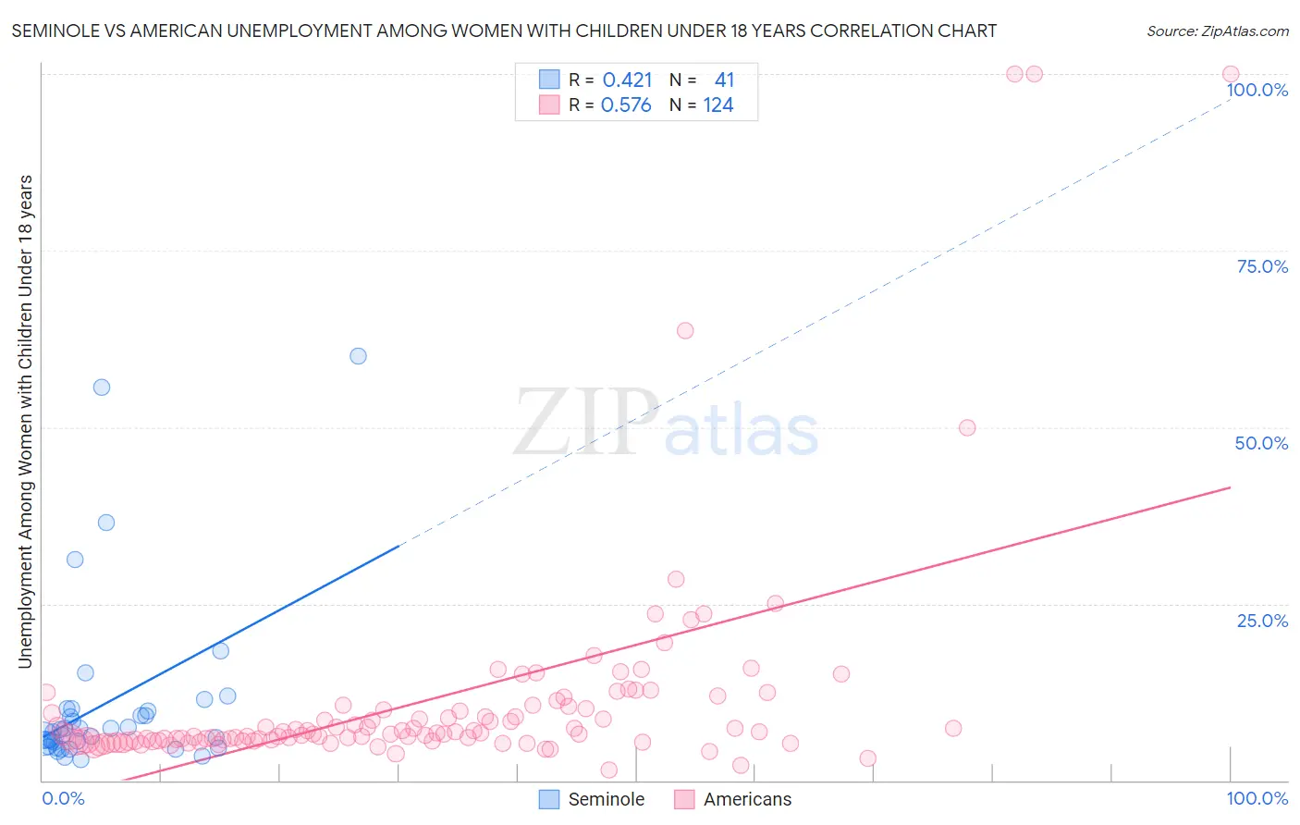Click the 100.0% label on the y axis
pyautogui.click(x=1257, y=90)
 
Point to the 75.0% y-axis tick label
pyautogui.click(x=1262, y=266)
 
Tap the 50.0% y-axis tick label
pyautogui.click(x=1261, y=443)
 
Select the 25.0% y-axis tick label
pyautogui.click(x=1262, y=621)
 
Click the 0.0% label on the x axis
pyautogui.click(x=63, y=798)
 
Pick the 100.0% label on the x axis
pyautogui.click(x=1257, y=798)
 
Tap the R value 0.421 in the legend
pyautogui.click(x=627, y=80)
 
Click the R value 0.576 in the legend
pyautogui.click(x=626, y=105)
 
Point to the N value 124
pyautogui.click(x=717, y=105)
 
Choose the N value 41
pyautogui.click(x=724, y=80)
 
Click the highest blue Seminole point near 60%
pyautogui.click(x=358, y=356)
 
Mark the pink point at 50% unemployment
pyautogui.click(x=967, y=427)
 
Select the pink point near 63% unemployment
pyautogui.click(x=685, y=330)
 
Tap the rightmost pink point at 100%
pyautogui.click(x=1231, y=74)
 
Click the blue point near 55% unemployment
pyautogui.click(x=102, y=388)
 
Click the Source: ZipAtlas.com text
pyautogui.click(x=1217, y=31)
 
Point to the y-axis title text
pyautogui.click(x=25, y=421)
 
